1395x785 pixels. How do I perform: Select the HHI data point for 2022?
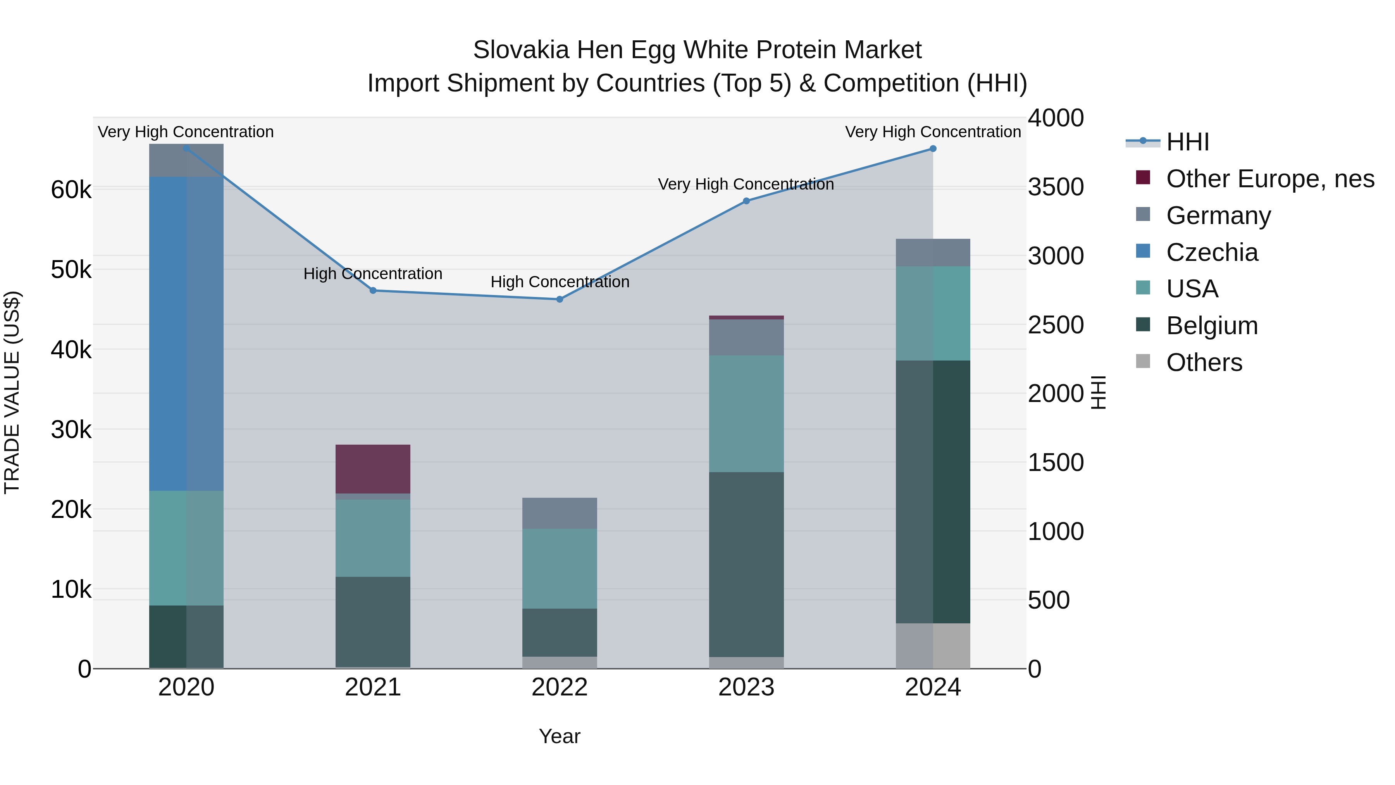tap(560, 299)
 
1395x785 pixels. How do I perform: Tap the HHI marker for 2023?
tap(746, 201)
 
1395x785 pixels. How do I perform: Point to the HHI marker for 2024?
tap(933, 148)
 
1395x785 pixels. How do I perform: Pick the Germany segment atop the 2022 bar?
tap(560, 513)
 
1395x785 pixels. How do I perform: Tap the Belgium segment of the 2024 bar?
tap(933, 492)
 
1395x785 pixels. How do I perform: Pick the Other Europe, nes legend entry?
tap(1269, 179)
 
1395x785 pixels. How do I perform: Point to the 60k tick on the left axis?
tap(71, 190)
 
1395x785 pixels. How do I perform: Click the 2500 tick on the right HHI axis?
tap(1056, 325)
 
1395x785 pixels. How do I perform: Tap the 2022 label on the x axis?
tap(560, 687)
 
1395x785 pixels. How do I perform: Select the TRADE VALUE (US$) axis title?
tap(12, 392)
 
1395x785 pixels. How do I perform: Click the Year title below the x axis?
tap(560, 736)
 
